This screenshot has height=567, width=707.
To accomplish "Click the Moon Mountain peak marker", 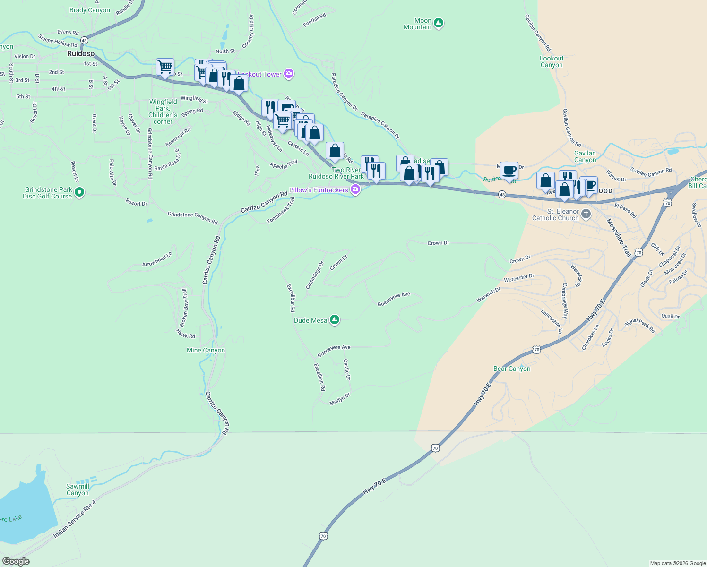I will tap(439, 23).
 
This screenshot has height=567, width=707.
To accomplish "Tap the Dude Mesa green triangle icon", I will tap(335, 320).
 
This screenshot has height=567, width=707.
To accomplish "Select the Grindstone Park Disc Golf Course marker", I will tap(79, 192).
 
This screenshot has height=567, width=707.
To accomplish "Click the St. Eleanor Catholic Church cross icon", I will tap(586, 214).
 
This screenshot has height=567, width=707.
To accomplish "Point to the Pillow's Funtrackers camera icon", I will tap(355, 190).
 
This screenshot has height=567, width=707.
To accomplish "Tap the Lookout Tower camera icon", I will tap(289, 74).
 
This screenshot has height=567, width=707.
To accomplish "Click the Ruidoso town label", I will tap(81, 53).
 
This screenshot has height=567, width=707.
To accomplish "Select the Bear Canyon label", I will tap(512, 369).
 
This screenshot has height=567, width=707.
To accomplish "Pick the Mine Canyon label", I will tap(206, 350).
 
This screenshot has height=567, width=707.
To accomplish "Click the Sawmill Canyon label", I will tap(78, 490).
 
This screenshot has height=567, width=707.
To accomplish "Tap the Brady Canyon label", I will tap(89, 10).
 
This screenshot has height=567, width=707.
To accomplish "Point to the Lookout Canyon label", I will tap(552, 61).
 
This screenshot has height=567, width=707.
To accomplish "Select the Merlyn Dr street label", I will tap(340, 399).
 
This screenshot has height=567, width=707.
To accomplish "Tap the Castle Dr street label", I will tap(347, 369).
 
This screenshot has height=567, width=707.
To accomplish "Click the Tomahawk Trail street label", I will tap(281, 210).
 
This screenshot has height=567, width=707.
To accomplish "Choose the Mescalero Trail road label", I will tap(619, 238).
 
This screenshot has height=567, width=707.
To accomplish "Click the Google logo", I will tap(16, 561).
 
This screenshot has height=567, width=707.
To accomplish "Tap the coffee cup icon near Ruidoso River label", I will tap(509, 170).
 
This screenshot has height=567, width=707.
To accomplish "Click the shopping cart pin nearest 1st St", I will tap(165, 67).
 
